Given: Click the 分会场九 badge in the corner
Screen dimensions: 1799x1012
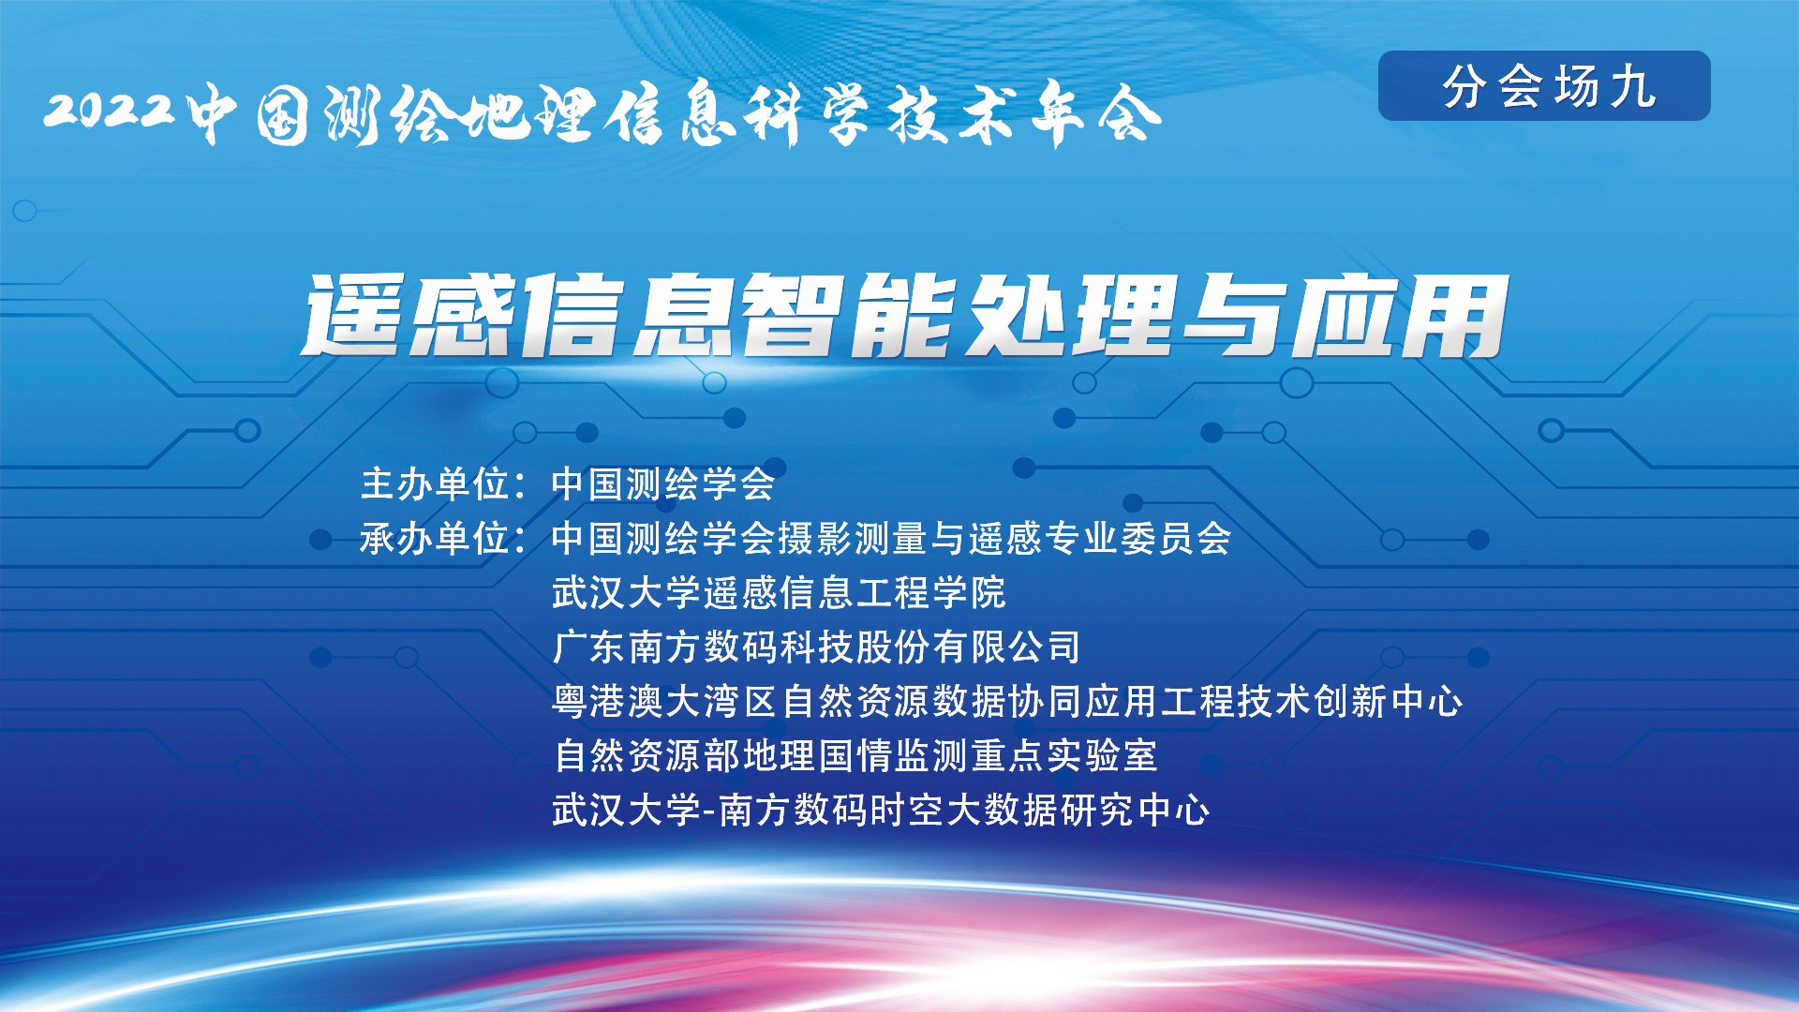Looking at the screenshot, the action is click(1544, 85).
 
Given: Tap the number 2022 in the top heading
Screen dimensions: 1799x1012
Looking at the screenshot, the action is click(110, 110).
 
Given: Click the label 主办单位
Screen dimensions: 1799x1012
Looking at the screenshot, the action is click(435, 484).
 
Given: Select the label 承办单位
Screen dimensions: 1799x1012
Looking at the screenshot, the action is click(435, 538).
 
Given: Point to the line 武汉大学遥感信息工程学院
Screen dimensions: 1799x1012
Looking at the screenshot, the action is click(779, 592).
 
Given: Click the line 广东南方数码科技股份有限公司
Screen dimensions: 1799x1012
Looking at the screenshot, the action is click(817, 647).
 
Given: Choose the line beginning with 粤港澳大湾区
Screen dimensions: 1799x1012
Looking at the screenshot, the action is click(1007, 701).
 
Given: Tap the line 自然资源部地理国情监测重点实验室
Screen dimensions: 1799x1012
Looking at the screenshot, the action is click(855, 755).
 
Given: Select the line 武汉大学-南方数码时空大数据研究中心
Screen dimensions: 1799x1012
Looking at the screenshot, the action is click(881, 810).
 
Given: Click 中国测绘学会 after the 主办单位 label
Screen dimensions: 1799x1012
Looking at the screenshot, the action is click(663, 484).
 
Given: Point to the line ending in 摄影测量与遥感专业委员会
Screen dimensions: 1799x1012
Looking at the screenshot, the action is click(892, 538).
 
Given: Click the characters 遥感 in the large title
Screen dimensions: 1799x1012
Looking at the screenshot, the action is click(409, 315).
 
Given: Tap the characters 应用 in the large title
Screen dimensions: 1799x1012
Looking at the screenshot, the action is click(1399, 316).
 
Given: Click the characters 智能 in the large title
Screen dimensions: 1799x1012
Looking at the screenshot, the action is click(849, 315).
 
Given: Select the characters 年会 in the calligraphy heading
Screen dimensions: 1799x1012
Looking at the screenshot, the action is click(1096, 114).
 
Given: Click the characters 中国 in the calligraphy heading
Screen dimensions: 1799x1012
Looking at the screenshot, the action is click(249, 114).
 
